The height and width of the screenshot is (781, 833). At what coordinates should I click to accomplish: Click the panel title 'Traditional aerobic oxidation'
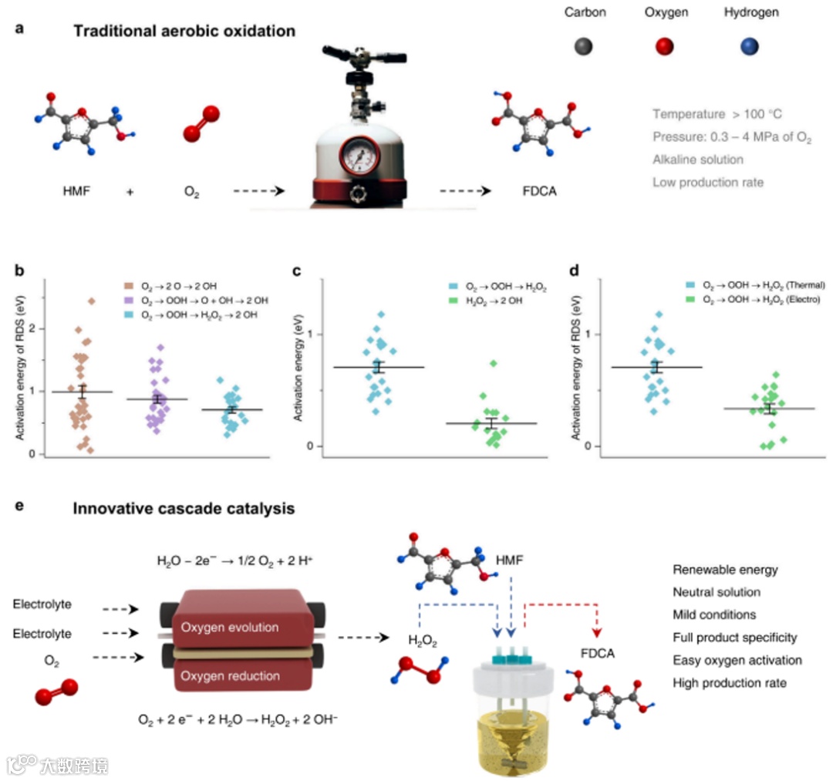[184, 32]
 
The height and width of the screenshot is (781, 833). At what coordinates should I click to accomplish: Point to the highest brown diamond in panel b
[91, 301]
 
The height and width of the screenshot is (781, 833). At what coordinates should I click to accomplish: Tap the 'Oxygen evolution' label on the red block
[230, 628]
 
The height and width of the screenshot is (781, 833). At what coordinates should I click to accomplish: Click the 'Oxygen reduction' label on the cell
[230, 676]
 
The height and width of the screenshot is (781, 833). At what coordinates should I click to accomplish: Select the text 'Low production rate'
[702, 183]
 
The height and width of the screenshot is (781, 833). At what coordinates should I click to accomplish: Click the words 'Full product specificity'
[734, 638]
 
